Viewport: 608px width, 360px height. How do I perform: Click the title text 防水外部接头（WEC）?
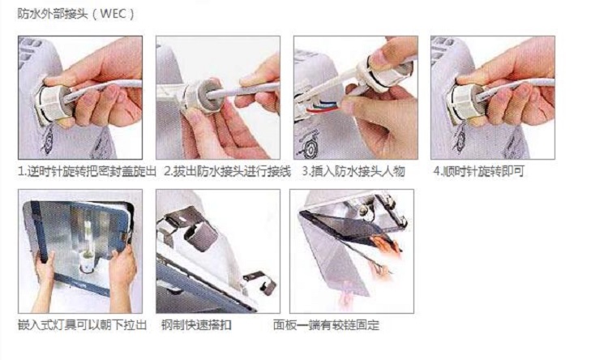coord(76,14)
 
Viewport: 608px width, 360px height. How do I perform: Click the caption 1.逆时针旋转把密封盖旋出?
coord(88,171)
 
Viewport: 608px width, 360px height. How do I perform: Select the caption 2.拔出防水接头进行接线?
coord(227,171)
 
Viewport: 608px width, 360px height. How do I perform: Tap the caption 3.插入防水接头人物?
coord(353,171)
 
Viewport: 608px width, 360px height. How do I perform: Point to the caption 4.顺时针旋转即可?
coord(478,171)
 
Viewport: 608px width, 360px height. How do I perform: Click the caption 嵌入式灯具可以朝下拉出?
coord(82,324)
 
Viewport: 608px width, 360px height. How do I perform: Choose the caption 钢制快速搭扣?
coord(196,324)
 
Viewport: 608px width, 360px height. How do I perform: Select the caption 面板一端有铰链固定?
coord(326,324)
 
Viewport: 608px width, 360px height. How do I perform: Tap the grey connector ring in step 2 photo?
coord(203,97)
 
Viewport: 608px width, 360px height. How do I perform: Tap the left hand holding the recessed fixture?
coord(45,279)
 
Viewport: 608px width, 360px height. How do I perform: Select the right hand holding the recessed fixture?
coord(122,277)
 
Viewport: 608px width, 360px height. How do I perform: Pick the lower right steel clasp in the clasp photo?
coord(260,282)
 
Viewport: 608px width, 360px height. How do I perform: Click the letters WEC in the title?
coord(113,14)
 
